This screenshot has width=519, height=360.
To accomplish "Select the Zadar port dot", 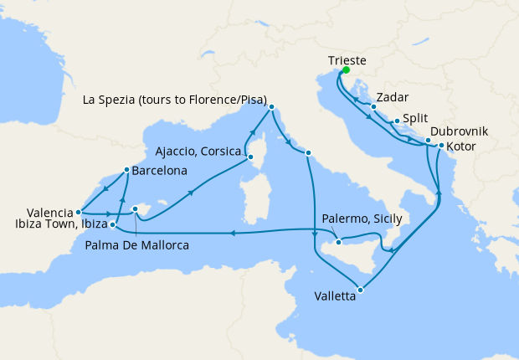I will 373,106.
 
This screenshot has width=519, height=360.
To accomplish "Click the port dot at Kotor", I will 441,147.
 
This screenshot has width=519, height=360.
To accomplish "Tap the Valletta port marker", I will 360,291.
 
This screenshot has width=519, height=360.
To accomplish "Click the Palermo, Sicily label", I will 362,219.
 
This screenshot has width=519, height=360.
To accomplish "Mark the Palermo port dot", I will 339,242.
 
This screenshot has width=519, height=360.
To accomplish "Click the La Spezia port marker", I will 270,106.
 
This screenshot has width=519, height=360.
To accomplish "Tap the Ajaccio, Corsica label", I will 198,152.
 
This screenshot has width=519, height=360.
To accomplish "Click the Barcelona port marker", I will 126,169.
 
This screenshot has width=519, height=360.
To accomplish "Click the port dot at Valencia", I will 78,212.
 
